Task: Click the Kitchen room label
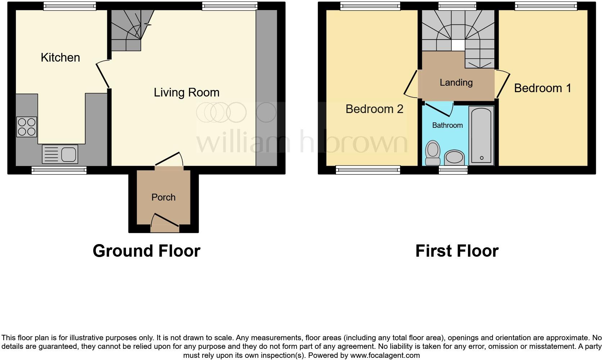click(x=60, y=58)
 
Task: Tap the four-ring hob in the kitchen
click(x=27, y=127)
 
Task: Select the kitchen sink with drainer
click(x=60, y=154)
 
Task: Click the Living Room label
click(x=187, y=93)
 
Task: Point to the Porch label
click(x=163, y=197)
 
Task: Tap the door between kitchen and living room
click(x=103, y=74)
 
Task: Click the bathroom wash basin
click(x=454, y=158)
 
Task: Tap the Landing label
click(x=456, y=82)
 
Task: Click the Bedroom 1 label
click(x=543, y=88)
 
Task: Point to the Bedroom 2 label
click(x=374, y=109)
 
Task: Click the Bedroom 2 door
click(x=410, y=84)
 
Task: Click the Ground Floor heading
click(x=146, y=251)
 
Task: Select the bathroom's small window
click(x=453, y=170)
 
